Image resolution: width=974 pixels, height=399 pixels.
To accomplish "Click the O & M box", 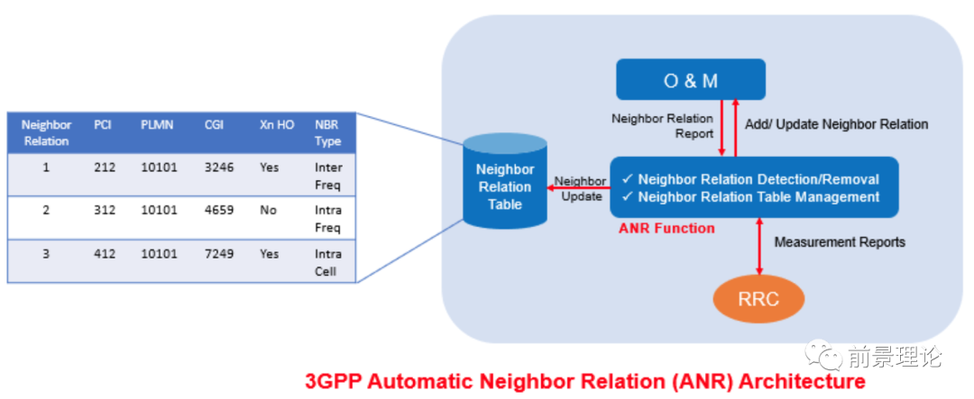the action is [x=690, y=79].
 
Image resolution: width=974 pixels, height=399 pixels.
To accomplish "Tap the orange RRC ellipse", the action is [x=758, y=299].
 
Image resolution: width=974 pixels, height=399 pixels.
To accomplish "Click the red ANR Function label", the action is [x=666, y=229].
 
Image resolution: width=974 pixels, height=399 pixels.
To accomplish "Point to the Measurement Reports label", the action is [x=840, y=242].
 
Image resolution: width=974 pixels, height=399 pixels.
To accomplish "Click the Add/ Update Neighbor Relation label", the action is [x=836, y=124].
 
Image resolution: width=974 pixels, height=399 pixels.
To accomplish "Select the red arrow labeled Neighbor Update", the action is [x=579, y=187].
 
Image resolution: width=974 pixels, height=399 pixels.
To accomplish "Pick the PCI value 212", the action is [x=105, y=167].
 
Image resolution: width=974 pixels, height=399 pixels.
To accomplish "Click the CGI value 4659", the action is [x=219, y=210].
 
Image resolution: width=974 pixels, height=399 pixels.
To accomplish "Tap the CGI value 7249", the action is [x=219, y=254].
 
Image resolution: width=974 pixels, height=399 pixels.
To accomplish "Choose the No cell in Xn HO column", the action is [x=269, y=210].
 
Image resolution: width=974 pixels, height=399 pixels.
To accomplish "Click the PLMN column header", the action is [x=157, y=124].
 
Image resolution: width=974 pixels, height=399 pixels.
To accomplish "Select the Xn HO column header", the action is [x=277, y=124].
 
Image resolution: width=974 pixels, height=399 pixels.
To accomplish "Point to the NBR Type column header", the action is [x=328, y=132].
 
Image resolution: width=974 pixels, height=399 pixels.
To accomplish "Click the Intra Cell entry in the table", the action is [x=328, y=262].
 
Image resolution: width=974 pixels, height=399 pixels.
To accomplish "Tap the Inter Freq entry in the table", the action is [x=328, y=177].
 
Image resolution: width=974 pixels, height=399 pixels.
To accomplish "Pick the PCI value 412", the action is [x=105, y=254].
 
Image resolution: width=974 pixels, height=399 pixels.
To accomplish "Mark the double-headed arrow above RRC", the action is [x=758, y=246].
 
